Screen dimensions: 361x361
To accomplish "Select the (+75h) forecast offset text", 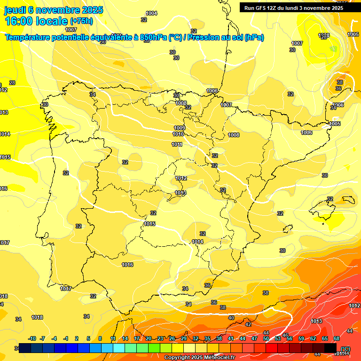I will click(x=81, y=21).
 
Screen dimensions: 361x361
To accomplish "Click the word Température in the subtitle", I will click(x=29, y=38).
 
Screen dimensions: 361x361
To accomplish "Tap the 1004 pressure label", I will click(x=151, y=13).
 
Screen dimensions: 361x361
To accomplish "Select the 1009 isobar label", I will click(x=180, y=128).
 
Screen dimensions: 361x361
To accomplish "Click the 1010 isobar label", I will click(x=178, y=134).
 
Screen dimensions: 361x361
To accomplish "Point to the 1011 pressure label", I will click(x=177, y=144).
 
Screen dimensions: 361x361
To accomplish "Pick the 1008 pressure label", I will click(x=234, y=135).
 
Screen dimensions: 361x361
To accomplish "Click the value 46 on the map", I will click(x=285, y=335).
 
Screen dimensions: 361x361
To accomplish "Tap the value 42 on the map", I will click(x=248, y=324).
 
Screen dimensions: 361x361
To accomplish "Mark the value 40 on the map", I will click(x=231, y=318).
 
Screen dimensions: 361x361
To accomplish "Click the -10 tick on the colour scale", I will click(x=32, y=338).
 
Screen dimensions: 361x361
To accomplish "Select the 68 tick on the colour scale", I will click(x=337, y=338).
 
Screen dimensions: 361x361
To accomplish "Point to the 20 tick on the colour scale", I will click(x=149, y=338).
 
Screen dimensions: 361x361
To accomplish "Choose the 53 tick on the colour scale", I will click(x=278, y=338).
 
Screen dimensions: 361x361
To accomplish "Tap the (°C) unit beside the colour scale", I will click(x=345, y=348).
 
